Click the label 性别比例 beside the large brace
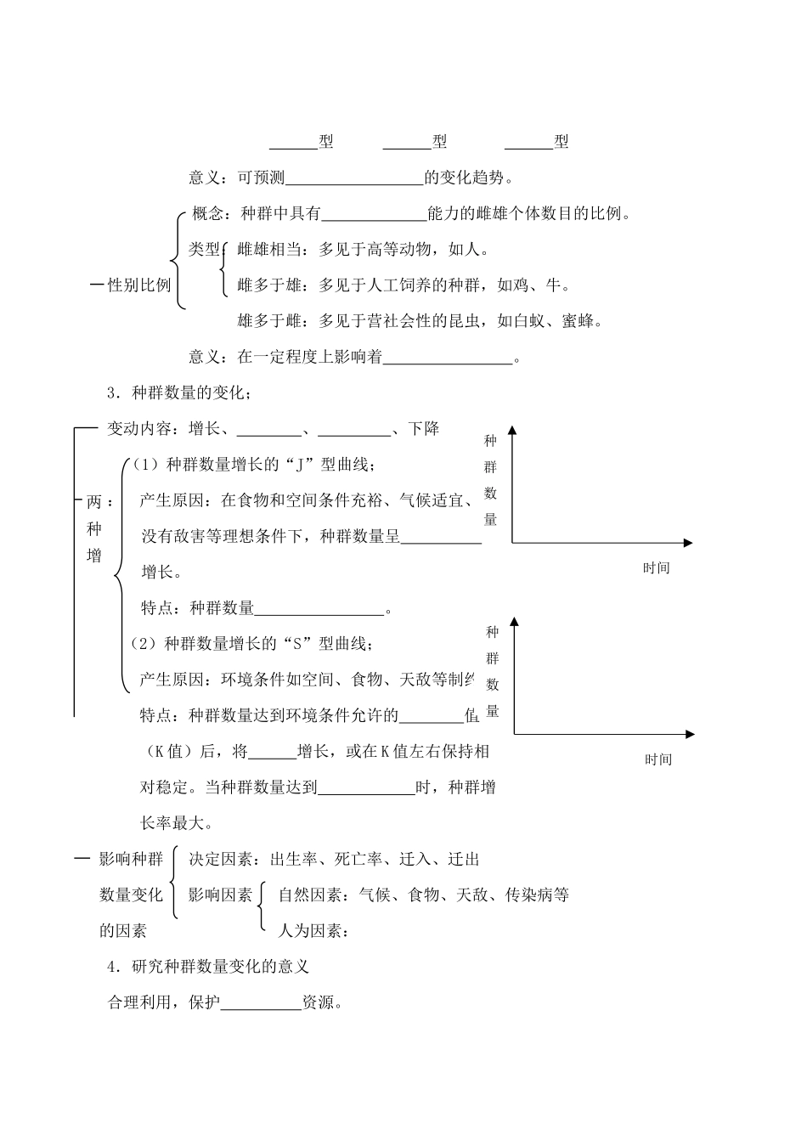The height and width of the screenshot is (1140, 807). (139, 285)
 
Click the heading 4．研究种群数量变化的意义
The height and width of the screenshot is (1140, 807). (208, 967)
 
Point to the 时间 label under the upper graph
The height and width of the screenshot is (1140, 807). (656, 568)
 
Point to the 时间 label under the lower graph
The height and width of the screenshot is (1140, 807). (657, 759)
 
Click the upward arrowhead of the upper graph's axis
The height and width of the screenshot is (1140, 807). (512, 431)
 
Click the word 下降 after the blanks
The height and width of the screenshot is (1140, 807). (424, 429)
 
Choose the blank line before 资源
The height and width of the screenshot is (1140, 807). (261, 1003)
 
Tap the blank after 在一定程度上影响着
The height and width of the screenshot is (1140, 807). (448, 358)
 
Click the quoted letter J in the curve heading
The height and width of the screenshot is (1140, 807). (302, 465)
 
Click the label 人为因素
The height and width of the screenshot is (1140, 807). (310, 931)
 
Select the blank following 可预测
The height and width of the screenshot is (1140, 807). (354, 178)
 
